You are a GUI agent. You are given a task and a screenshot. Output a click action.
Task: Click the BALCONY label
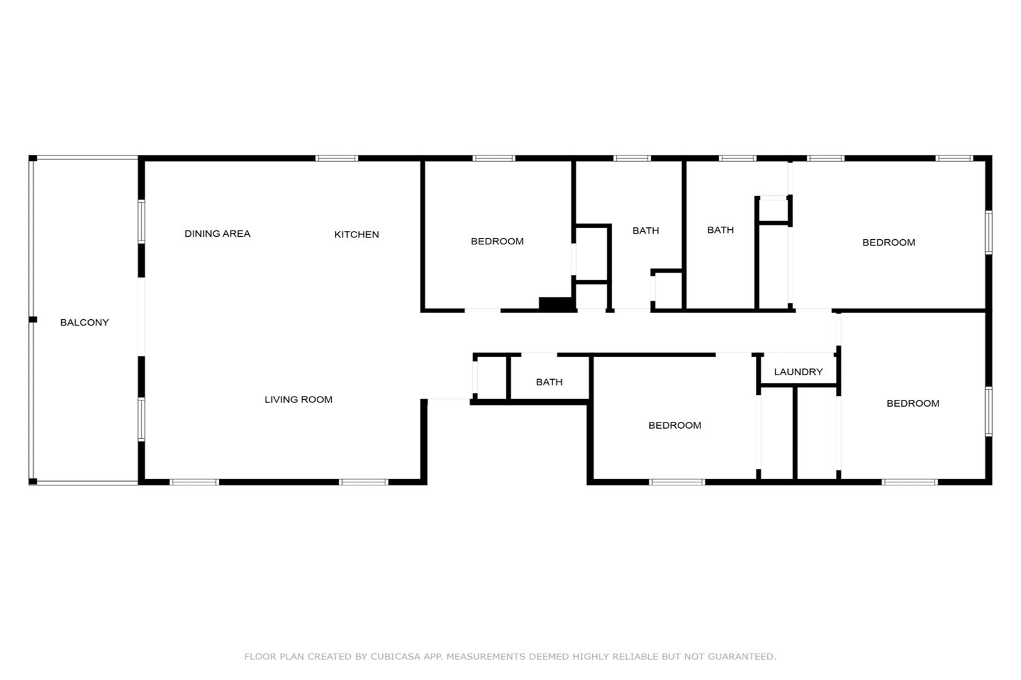pyautogui.click(x=85, y=322)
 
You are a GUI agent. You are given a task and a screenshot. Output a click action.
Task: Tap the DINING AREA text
pyautogui.click(x=217, y=234)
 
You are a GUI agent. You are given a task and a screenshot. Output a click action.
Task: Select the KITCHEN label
pyautogui.click(x=356, y=235)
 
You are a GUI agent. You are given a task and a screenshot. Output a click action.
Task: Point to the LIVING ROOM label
pyautogui.click(x=299, y=400)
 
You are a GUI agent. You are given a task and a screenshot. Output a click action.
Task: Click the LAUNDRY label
pyautogui.click(x=798, y=372)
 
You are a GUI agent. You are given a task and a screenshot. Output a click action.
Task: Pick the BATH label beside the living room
pyautogui.click(x=549, y=382)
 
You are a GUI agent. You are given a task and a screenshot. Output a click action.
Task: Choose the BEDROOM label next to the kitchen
pyautogui.click(x=498, y=242)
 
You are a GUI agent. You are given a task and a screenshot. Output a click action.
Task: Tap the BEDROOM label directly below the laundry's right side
pyautogui.click(x=913, y=404)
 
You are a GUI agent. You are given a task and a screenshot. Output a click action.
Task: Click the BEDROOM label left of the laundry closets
pyautogui.click(x=675, y=426)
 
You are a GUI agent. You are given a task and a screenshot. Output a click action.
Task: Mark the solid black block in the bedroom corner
pyautogui.click(x=556, y=303)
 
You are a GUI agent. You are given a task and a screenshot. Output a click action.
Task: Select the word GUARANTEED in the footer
pyautogui.click(x=741, y=657)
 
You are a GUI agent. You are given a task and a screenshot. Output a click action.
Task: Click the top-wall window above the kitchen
pyautogui.click(x=337, y=159)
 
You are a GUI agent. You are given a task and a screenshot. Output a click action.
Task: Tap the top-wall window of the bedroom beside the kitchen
pyautogui.click(x=494, y=159)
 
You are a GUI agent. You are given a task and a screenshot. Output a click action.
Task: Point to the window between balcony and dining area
pyautogui.click(x=141, y=222)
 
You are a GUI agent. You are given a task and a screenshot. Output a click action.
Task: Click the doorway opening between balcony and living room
pyautogui.click(x=141, y=317)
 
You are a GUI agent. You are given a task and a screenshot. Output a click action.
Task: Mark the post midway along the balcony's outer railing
pyautogui.click(x=33, y=319)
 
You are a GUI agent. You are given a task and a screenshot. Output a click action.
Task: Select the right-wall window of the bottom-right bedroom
pyautogui.click(x=989, y=412)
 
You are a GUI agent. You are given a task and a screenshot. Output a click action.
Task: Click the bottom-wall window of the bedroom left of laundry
pyautogui.click(x=677, y=482)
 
